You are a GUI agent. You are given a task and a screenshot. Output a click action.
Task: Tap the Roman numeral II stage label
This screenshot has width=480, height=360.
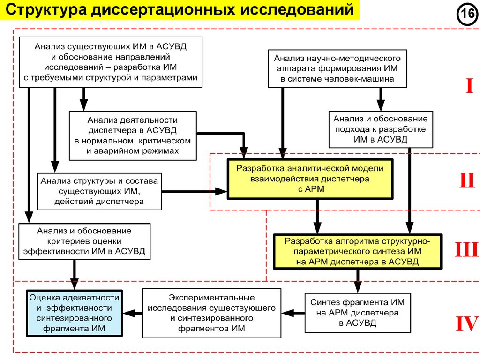pos(466,180)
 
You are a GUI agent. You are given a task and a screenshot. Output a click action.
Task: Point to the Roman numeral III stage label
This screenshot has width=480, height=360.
pos(466,250)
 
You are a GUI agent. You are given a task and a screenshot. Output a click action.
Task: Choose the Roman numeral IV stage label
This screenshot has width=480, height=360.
pos(466,324)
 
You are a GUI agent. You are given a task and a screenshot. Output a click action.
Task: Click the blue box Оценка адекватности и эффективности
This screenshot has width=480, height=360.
pos(74,313)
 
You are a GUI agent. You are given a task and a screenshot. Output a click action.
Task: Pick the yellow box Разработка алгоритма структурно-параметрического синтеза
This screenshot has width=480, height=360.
pos(358,251)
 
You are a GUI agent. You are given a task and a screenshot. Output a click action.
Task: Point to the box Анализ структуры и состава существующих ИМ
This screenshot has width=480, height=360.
pos(99,191)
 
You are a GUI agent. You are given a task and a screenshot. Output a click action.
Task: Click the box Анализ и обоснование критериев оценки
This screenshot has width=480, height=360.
pos(84,241)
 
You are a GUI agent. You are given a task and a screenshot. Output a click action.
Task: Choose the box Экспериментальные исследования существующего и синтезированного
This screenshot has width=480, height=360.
pos(212,313)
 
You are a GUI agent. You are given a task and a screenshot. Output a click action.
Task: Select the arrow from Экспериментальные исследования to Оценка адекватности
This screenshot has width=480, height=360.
pos(133,313)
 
